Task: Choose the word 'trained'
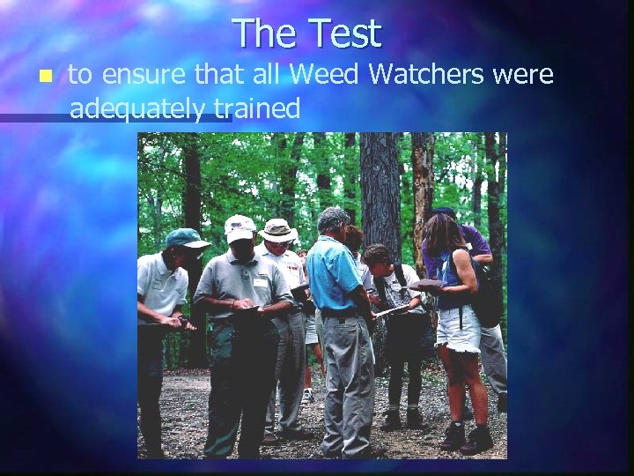click(262, 108)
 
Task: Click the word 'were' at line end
click(524, 77)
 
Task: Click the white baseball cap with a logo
click(240, 228)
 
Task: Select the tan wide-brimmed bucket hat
click(278, 230)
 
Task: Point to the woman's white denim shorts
click(459, 330)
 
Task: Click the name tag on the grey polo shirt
click(262, 284)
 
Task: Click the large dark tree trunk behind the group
click(380, 185)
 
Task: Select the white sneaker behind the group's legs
click(307, 396)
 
